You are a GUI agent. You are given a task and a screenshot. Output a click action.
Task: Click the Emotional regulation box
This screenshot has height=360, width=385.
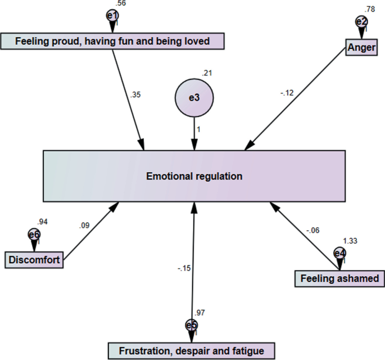194,176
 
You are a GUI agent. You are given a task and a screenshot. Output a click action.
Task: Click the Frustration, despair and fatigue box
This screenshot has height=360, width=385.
191,351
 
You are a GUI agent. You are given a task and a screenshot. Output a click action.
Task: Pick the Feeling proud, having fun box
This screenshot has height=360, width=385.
112,41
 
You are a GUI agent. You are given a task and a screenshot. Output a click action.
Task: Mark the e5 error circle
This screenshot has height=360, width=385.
191,326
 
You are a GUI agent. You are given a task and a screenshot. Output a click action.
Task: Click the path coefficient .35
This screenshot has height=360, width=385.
136,94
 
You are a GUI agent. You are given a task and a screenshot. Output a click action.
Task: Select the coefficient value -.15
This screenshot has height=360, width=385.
183,268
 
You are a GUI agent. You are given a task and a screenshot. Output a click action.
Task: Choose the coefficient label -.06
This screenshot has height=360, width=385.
312,230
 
